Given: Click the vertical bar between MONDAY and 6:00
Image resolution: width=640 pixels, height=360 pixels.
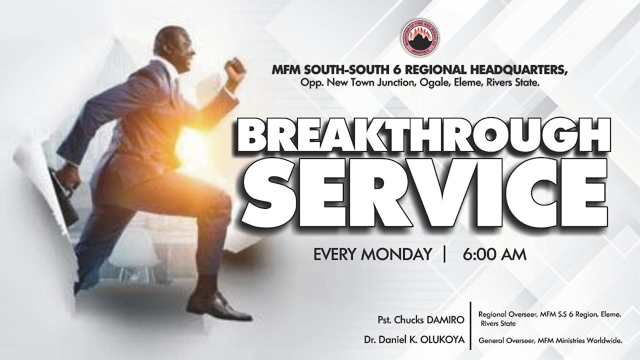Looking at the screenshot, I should (x=444, y=254).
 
